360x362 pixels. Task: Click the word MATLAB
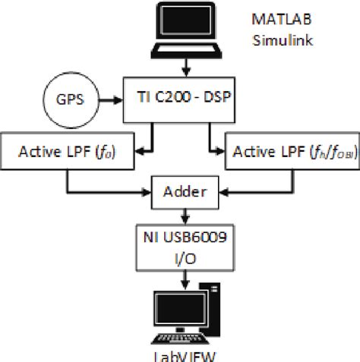pyautogui.click(x=282, y=17)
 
